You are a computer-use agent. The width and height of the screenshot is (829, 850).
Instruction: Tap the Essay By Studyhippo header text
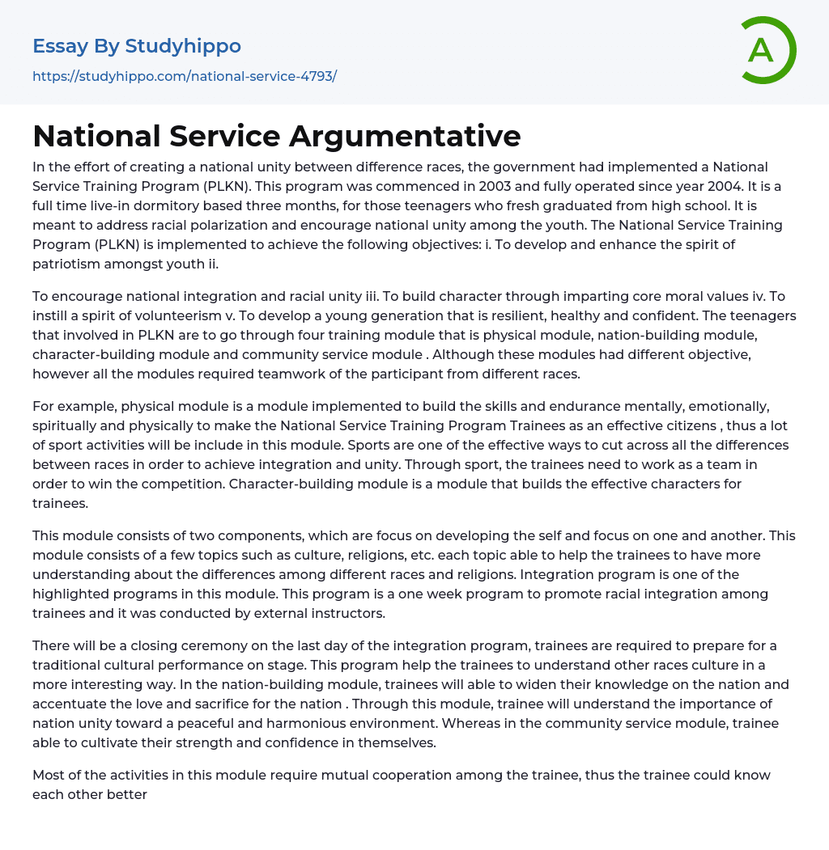137,46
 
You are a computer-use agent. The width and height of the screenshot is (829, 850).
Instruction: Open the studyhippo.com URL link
185,76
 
